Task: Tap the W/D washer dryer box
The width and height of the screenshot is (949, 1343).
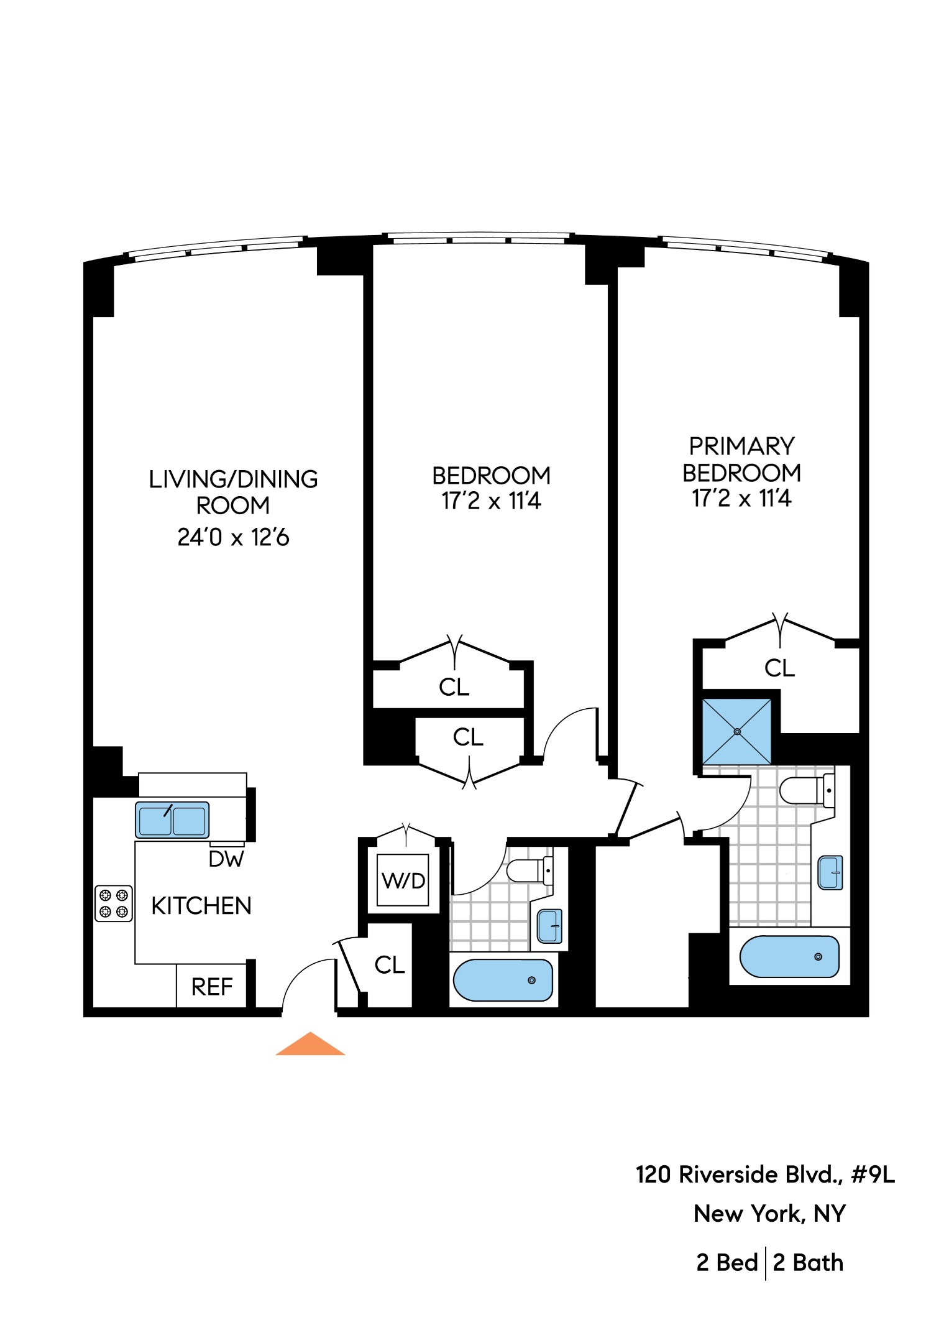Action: [403, 880]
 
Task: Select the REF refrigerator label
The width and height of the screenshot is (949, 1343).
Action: [212, 987]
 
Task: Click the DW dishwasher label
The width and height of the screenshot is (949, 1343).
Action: [226, 859]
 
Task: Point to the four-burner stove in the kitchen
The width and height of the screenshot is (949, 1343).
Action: [114, 903]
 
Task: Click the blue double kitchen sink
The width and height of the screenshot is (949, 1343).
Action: [172, 820]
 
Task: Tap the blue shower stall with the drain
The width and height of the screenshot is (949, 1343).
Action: [737, 732]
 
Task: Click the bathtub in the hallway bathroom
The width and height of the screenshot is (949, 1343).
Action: [503, 981]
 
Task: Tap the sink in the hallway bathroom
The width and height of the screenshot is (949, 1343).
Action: [549, 926]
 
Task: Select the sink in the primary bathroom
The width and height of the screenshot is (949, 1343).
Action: [830, 872]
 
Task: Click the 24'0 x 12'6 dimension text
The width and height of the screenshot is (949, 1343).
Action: [233, 537]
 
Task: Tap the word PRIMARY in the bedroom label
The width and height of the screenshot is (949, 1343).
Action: [741, 446]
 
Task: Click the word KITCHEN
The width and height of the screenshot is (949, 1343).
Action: [201, 907]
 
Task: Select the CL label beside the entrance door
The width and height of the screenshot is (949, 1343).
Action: [390, 965]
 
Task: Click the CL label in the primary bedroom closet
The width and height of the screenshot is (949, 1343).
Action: [779, 668]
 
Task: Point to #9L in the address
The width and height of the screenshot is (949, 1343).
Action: [873, 1175]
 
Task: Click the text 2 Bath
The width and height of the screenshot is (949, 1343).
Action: [808, 1263]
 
